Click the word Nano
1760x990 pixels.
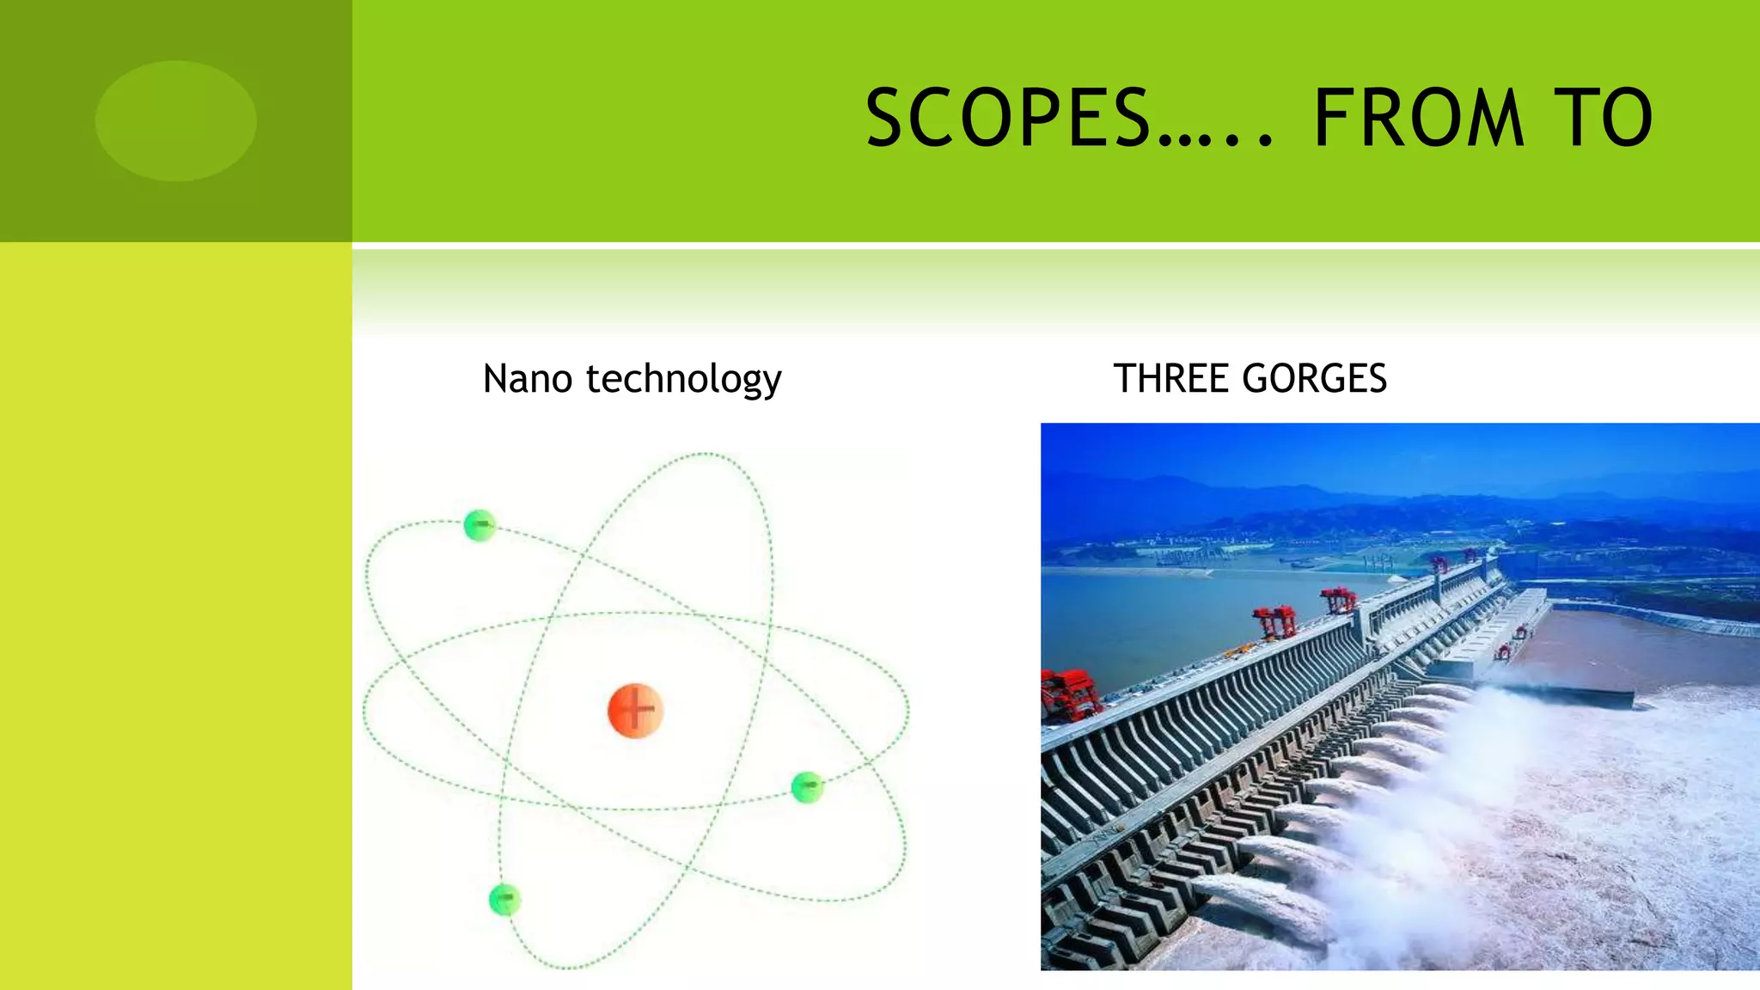pos(528,379)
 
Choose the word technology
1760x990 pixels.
pos(684,380)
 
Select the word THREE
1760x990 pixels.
pos(1169,379)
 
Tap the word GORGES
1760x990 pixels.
pos(1314,379)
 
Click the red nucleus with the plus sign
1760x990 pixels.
pos(636,711)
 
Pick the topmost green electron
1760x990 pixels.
pos(480,525)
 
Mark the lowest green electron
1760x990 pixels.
pos(504,900)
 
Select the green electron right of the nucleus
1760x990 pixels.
pos(807,786)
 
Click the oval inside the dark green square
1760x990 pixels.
pos(176,120)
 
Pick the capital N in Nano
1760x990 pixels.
pos(498,379)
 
